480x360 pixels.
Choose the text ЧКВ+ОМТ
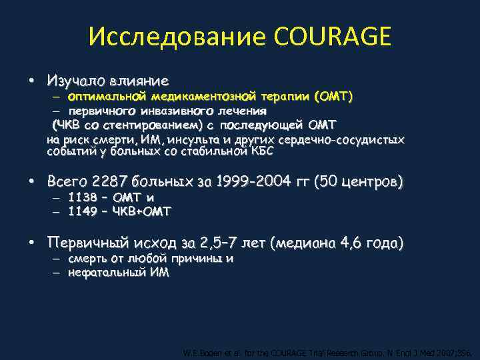click(142, 211)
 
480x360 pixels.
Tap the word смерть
click(88, 259)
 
